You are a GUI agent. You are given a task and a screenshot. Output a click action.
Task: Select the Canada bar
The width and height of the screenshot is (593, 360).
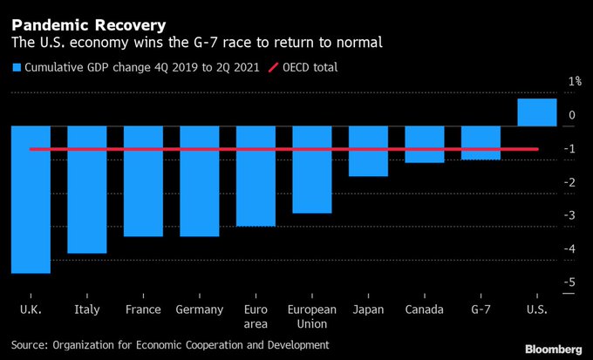click(424, 144)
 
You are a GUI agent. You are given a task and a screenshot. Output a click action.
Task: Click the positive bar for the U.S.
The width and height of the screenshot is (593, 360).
click(536, 112)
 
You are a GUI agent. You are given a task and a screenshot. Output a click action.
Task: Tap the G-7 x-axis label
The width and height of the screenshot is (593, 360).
click(481, 309)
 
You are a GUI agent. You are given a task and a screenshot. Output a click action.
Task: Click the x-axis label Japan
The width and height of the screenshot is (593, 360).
click(368, 309)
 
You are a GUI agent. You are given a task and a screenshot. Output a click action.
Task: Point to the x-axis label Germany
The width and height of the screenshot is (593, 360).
click(199, 309)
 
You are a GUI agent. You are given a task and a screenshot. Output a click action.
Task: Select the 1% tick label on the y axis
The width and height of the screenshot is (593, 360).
click(575, 82)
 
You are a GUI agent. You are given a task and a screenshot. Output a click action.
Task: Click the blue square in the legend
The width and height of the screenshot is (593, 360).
click(17, 67)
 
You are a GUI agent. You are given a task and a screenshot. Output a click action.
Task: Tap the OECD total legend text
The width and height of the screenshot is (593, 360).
click(305, 67)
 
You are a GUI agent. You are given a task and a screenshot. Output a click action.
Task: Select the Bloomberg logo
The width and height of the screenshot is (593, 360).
click(553, 348)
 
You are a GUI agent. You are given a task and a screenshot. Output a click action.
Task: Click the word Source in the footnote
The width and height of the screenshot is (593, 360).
click(31, 345)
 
